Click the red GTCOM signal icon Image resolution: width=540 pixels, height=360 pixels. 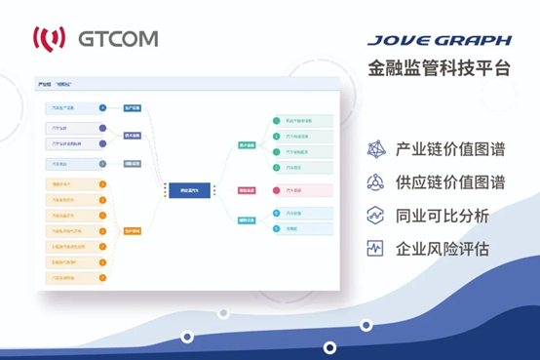(50, 39)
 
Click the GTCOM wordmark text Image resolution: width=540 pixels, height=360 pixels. (119, 39)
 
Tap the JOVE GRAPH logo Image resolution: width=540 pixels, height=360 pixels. (440, 41)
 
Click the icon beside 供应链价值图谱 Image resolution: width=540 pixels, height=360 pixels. (375, 182)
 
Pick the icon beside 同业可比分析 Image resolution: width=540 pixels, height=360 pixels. (375, 215)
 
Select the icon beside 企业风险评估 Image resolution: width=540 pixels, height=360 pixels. (375, 248)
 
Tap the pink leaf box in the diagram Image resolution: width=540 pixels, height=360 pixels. (302, 190)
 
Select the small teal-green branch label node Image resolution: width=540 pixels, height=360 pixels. (248, 145)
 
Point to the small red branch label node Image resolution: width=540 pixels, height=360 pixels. (248, 190)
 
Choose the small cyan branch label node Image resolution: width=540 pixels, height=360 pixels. (248, 220)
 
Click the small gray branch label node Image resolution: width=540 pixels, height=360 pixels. (133, 163)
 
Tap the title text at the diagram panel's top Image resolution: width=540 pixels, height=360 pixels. (60, 85)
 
